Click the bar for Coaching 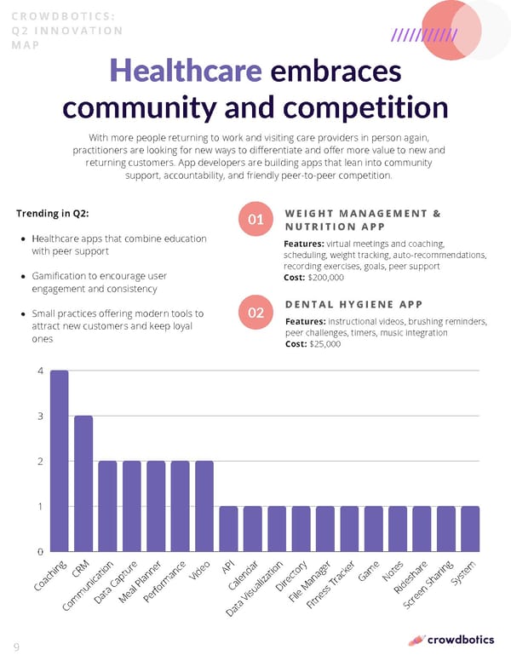(x=59, y=461)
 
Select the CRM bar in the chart (x=83, y=484)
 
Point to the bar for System (x=471, y=529)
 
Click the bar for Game (x=374, y=529)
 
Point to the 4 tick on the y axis (x=40, y=371)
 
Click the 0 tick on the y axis (x=40, y=552)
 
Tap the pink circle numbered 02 (x=255, y=313)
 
